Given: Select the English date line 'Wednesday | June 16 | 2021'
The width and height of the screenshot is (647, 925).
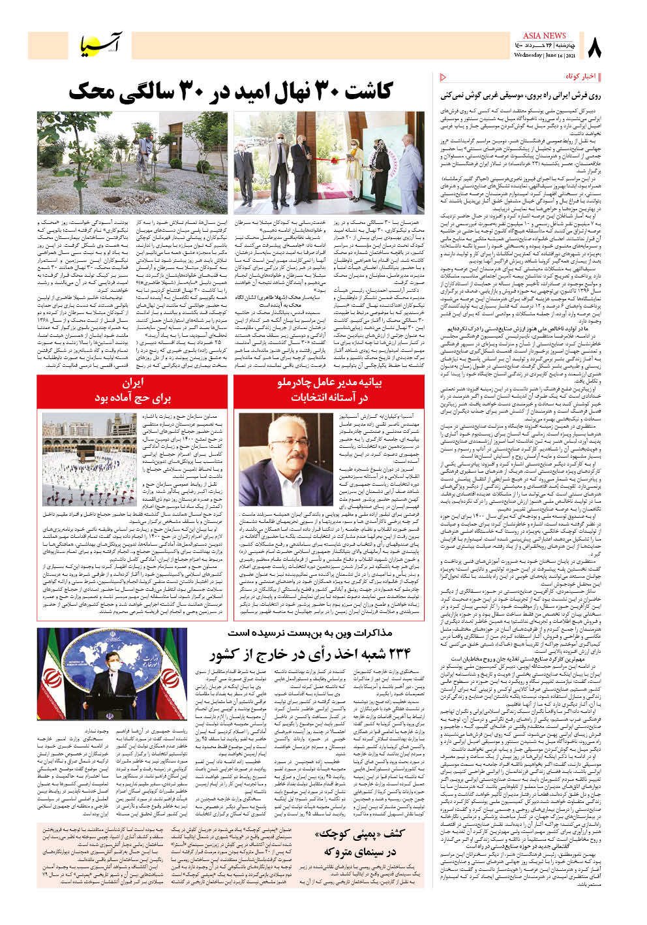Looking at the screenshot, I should click(544, 55).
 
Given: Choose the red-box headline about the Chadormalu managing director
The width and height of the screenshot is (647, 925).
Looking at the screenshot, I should click(329, 390).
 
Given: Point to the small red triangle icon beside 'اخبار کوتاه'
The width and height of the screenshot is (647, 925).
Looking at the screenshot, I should click(444, 77).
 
